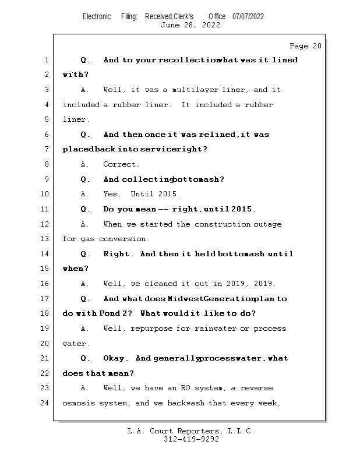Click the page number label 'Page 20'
pos(305,46)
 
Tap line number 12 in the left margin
pos(46,224)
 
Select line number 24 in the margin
pos(46,403)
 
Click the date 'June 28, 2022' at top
pos(190,25)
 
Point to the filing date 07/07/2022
pos(248,16)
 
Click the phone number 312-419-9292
pos(191,439)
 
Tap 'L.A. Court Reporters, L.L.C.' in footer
pos(191,431)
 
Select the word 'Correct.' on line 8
pos(121,165)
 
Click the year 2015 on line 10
pos(170,195)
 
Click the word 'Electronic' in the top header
pos(97,16)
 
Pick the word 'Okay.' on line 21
pos(114,359)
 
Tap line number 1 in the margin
pos(46,60)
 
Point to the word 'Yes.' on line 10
pos(112,195)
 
